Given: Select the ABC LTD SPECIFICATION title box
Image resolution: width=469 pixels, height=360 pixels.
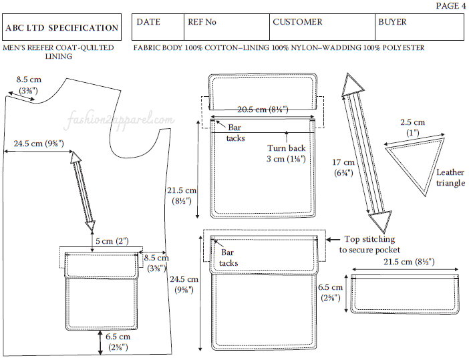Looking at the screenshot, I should tap(62, 28).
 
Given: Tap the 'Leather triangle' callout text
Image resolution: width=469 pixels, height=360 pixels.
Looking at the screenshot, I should tap(450, 177).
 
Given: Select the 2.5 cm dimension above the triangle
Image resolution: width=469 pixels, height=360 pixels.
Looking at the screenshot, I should tap(413, 127).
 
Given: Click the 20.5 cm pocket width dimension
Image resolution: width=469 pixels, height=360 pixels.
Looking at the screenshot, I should tap(262, 111).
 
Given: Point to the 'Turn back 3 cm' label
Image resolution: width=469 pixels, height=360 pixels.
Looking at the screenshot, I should tap(287, 153).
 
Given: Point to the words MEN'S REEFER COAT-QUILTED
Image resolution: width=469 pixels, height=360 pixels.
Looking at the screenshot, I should tap(58, 48).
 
